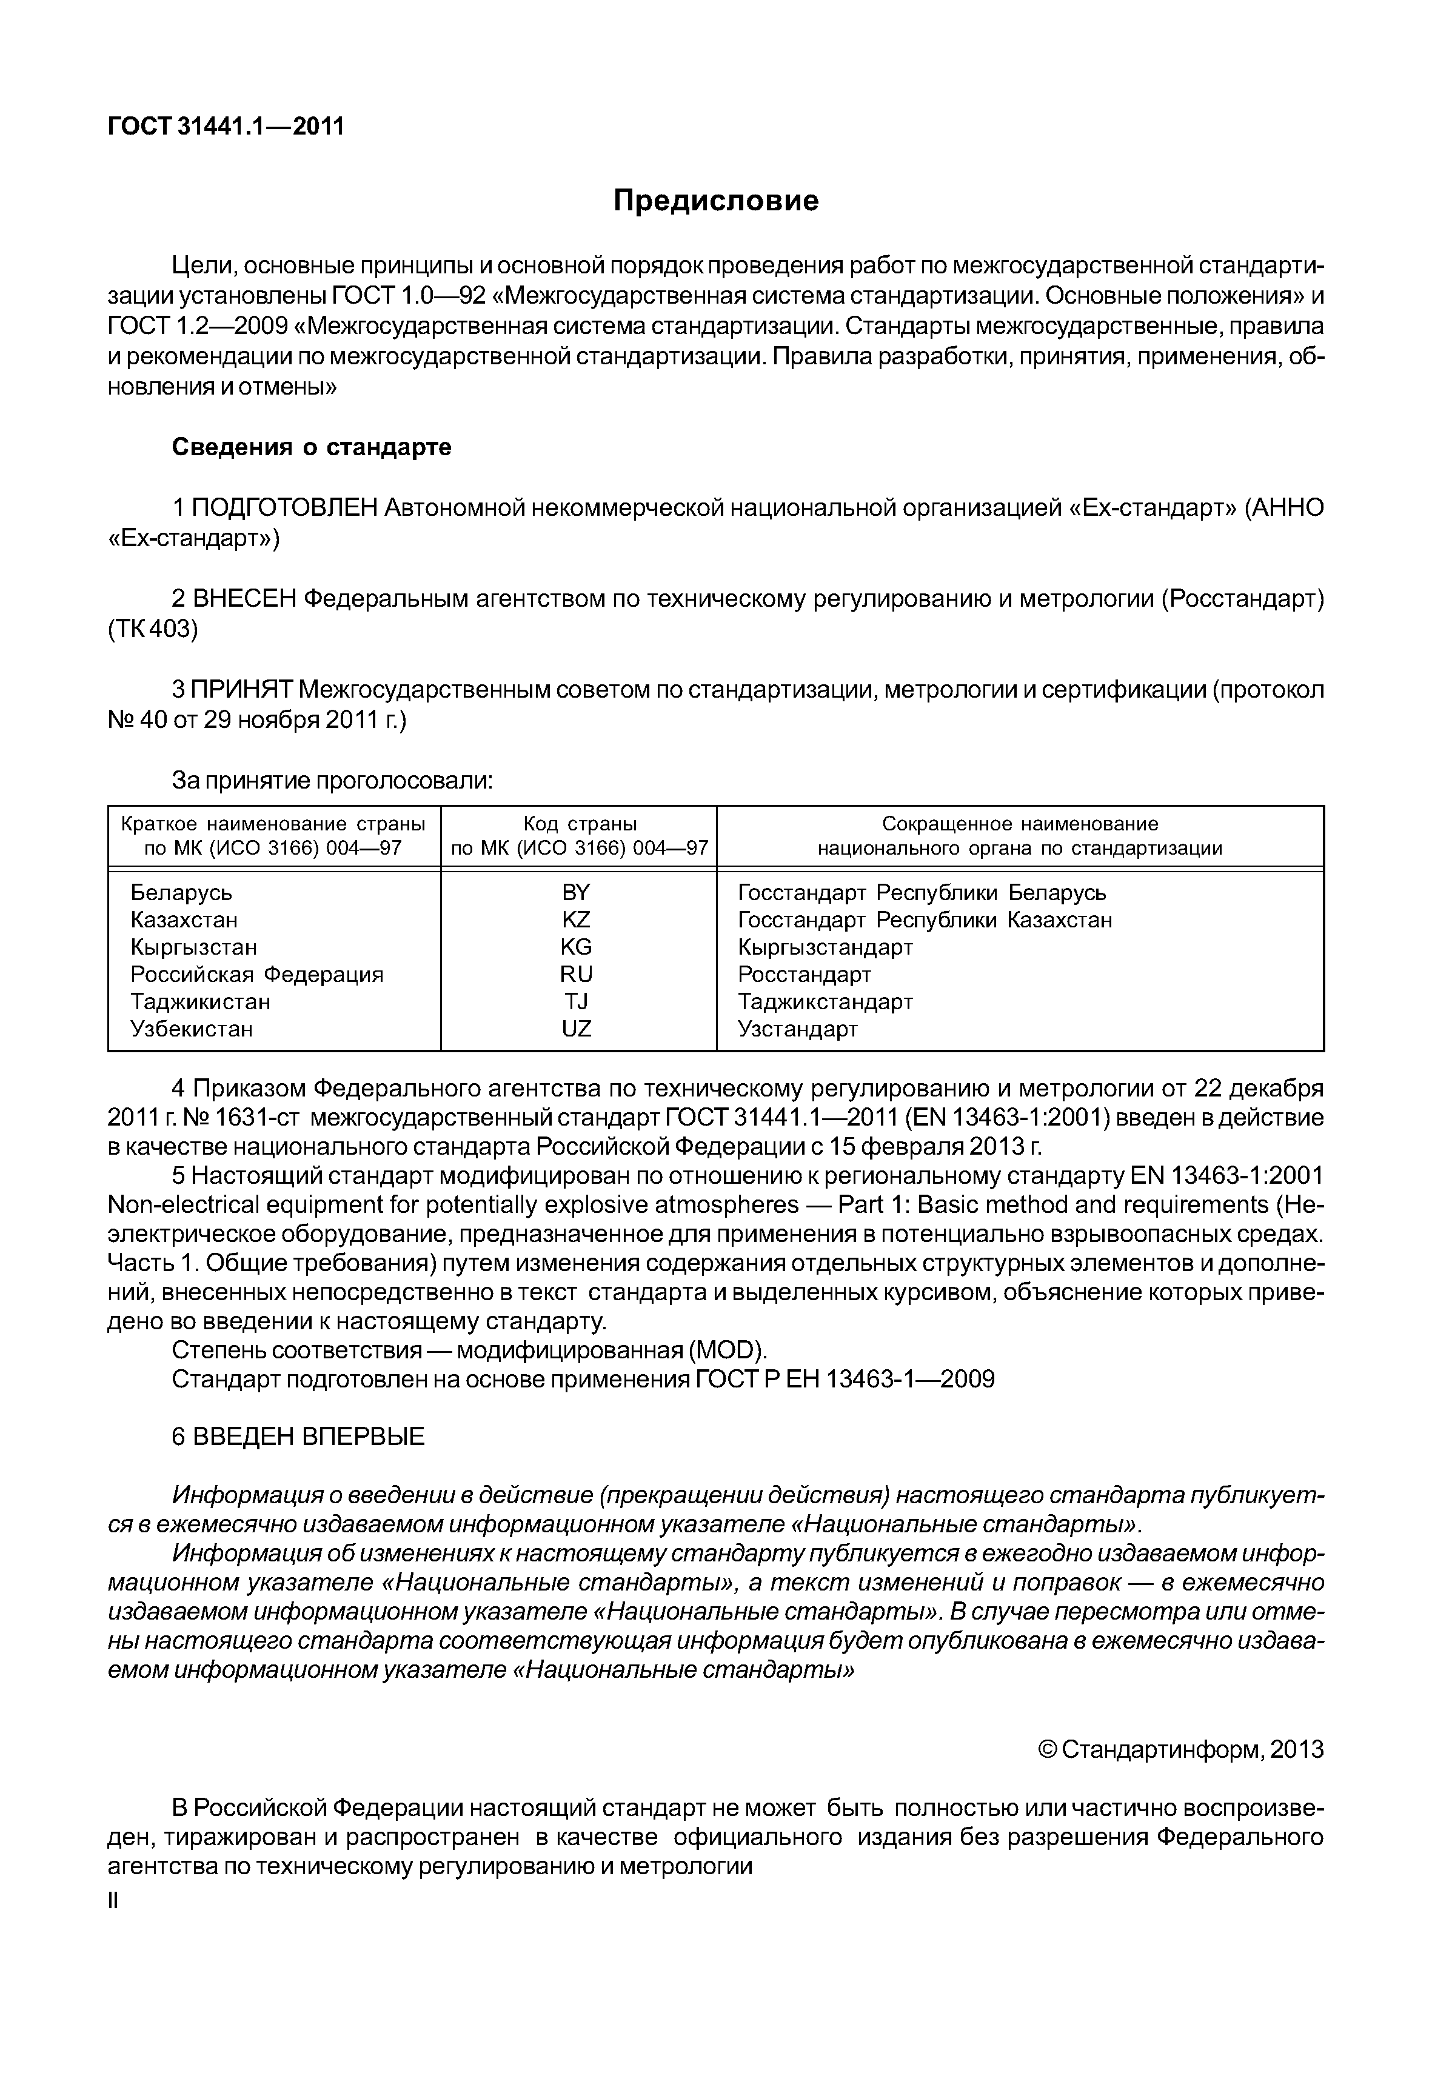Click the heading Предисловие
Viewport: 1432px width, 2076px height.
(x=715, y=200)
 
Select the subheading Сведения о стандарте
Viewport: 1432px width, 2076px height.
(x=312, y=447)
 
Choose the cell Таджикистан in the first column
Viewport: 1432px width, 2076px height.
(x=200, y=1001)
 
